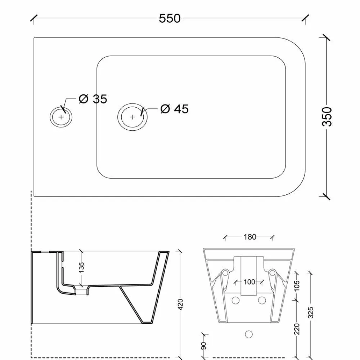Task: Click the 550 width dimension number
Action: coord(170,18)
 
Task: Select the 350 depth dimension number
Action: coord(327,116)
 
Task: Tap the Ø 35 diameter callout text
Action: coord(93,99)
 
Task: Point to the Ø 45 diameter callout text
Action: coord(175,109)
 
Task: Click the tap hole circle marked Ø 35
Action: coord(61,117)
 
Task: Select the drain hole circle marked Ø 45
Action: coord(132,117)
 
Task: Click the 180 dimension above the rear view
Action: coord(250,237)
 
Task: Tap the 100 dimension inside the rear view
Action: coord(249,282)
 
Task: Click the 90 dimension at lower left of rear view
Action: coord(203,346)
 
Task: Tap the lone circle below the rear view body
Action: coord(249,334)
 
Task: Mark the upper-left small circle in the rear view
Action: coord(225,273)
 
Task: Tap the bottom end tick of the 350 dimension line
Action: coord(327,196)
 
